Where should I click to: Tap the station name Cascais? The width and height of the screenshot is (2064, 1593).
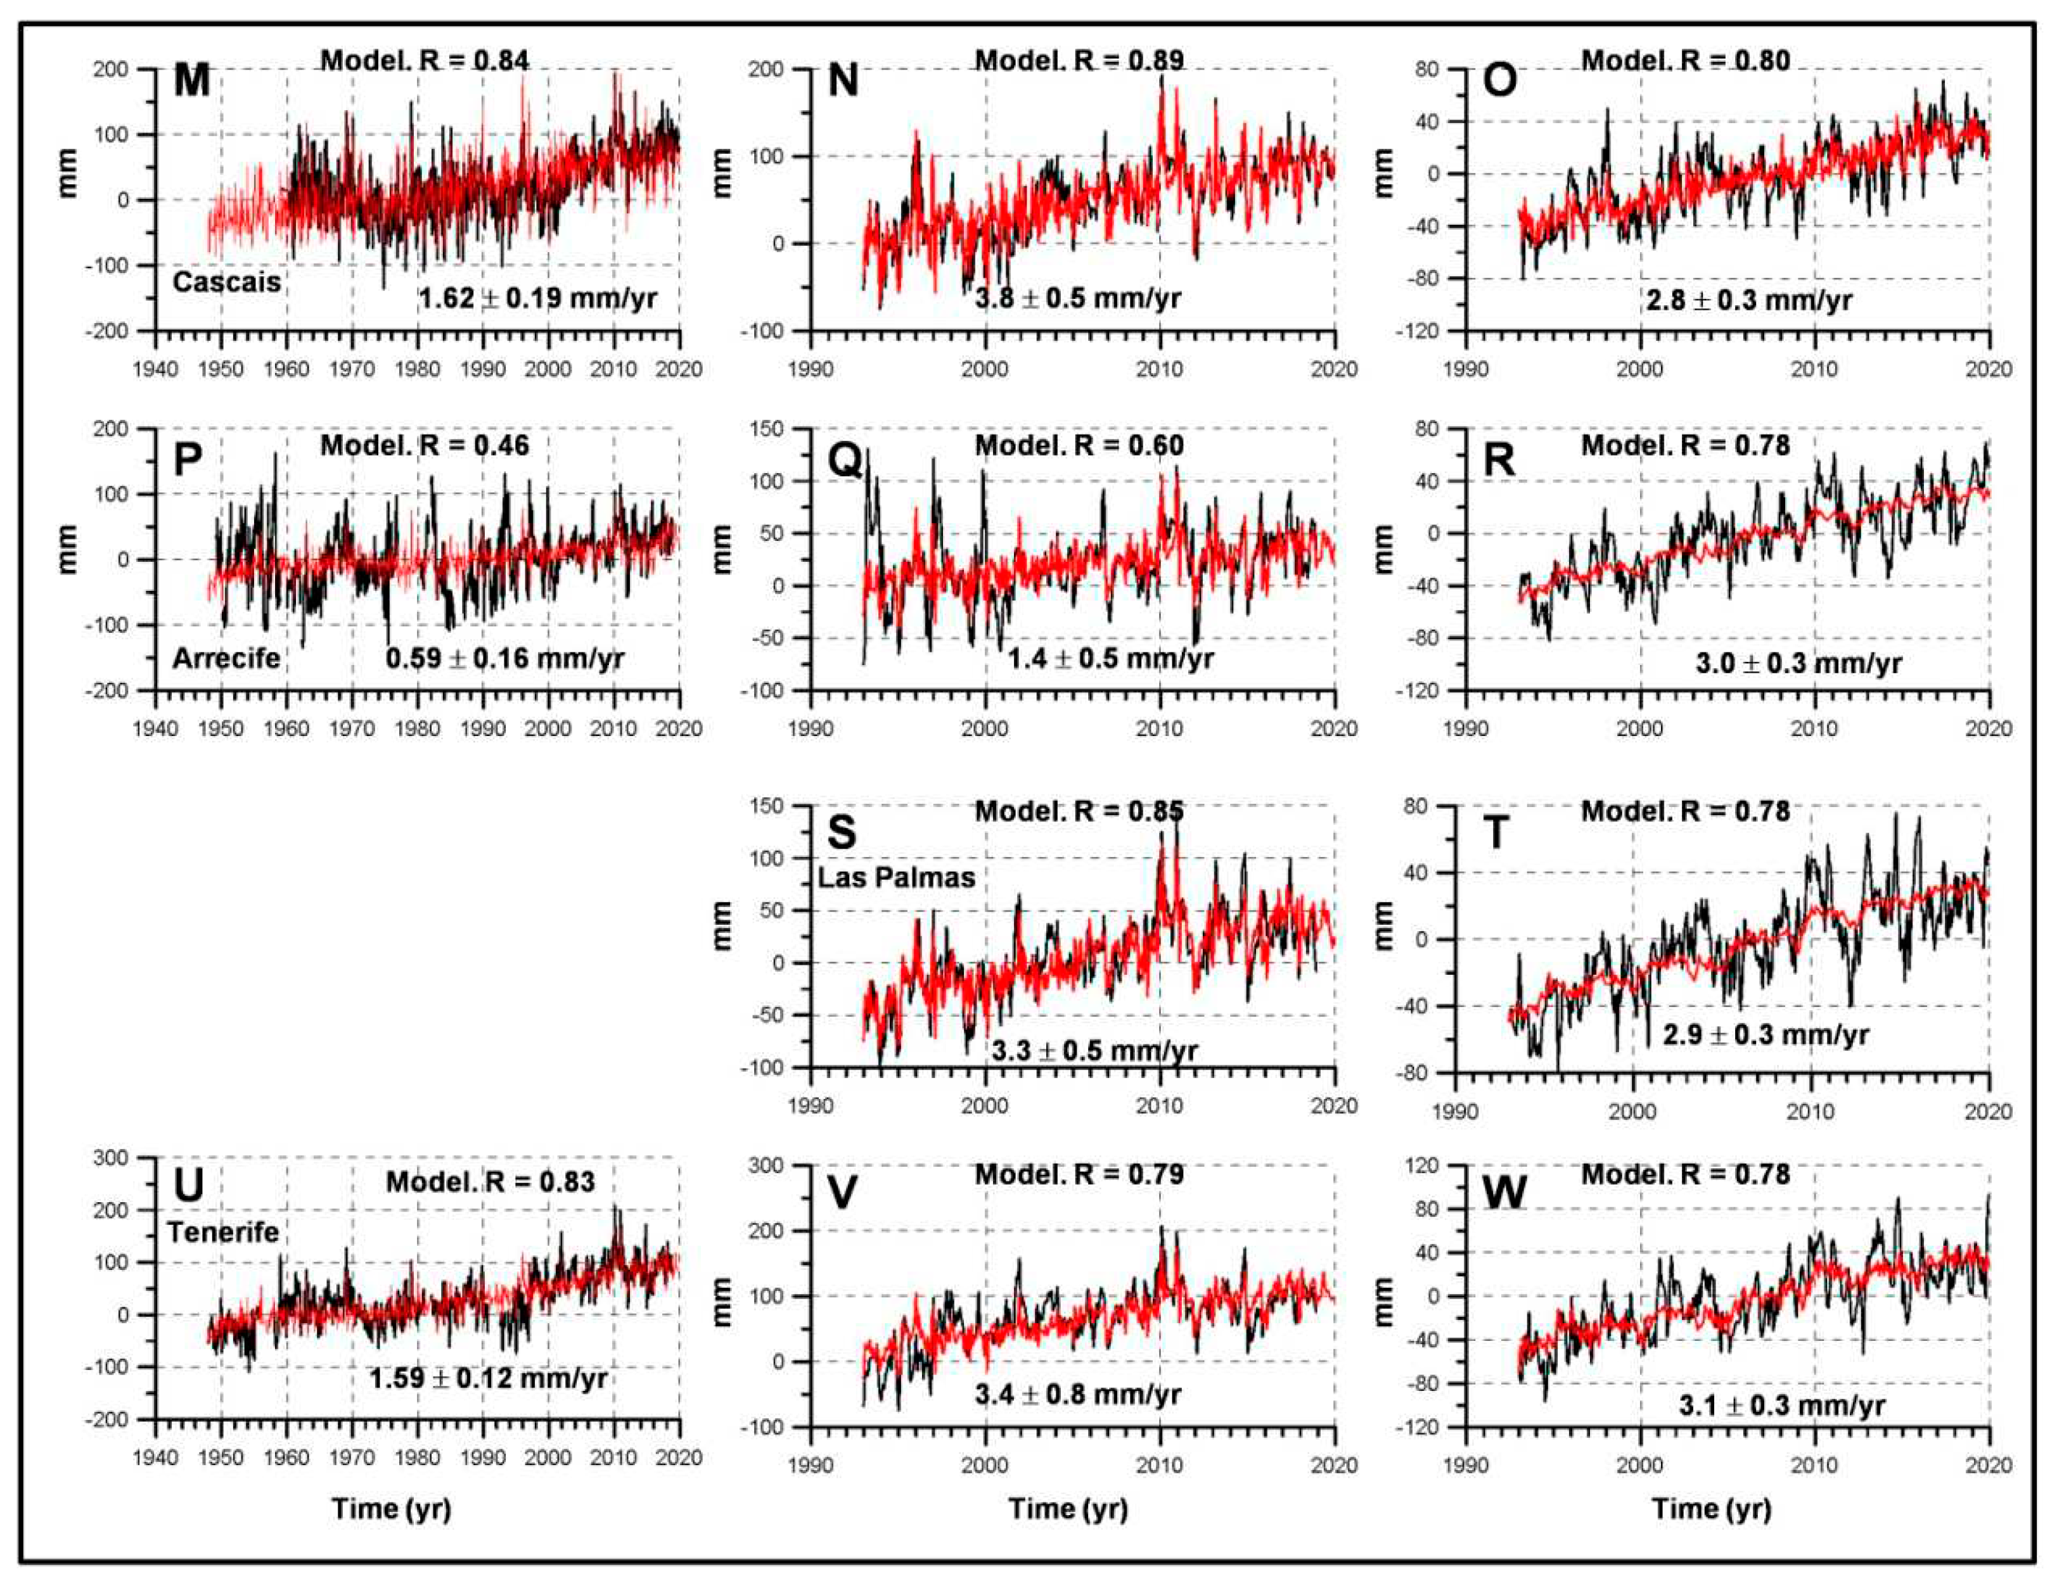(227, 282)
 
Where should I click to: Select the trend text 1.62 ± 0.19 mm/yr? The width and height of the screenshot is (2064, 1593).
(538, 298)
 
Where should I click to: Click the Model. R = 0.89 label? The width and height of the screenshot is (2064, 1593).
(1079, 60)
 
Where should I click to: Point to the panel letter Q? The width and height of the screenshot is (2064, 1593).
(844, 460)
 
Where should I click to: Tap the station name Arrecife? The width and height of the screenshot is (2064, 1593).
(227, 657)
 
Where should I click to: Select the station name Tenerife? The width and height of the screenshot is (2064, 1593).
(224, 1232)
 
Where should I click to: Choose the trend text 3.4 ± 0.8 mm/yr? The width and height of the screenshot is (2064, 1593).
(1079, 1393)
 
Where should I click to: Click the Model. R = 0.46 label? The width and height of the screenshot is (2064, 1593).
(425, 445)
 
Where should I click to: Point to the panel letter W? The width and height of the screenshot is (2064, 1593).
(1504, 1193)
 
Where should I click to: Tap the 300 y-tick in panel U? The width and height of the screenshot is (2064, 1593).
(110, 1157)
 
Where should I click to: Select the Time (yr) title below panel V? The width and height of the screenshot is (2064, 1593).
(1068, 1508)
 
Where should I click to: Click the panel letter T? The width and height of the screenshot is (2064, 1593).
(1496, 832)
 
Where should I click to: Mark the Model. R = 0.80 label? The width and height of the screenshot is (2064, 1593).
(1686, 60)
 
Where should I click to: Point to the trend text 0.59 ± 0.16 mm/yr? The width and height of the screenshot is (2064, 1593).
(504, 657)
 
